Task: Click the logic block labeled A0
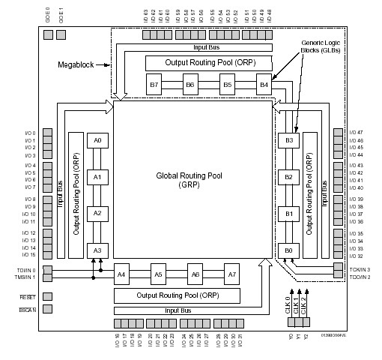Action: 97,141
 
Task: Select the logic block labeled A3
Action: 97,250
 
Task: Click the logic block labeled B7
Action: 154,85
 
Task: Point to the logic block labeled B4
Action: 264,85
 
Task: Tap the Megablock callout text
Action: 74,65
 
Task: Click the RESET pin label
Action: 28,296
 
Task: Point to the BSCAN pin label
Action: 28,308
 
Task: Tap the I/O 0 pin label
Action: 29,133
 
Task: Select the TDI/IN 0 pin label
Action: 27,270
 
